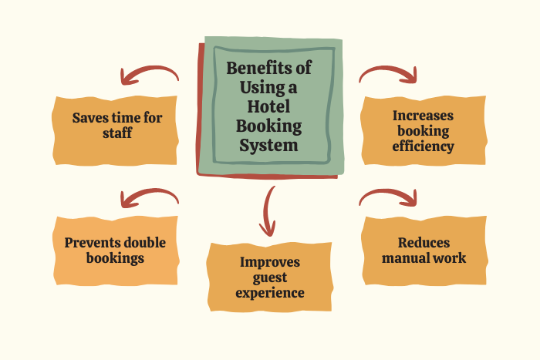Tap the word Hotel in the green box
268,106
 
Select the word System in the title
268,145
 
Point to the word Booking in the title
269,126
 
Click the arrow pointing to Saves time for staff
148,71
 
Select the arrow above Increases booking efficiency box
389,71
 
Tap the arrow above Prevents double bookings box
148,193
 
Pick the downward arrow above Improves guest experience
267,210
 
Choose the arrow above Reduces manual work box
389,193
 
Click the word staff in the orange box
117,133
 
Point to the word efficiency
424,146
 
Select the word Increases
424,116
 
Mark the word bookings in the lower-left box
115,258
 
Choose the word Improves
270,262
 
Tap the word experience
270,293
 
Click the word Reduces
424,243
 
